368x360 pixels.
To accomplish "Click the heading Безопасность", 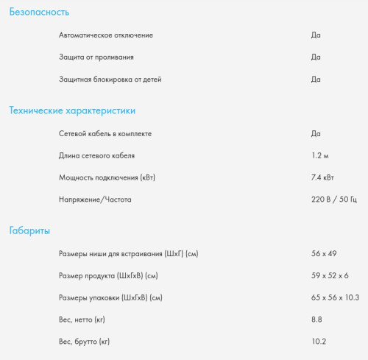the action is point(39,13).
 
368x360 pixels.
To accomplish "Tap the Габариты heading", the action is point(29,231).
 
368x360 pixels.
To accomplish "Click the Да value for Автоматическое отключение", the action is point(316,35).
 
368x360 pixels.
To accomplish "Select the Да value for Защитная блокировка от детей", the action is point(316,79).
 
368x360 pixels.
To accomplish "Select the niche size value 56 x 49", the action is point(324,253).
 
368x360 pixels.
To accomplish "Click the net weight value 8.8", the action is point(317,320).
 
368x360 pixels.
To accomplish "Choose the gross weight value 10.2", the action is point(319,342).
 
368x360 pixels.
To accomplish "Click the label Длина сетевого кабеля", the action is point(96,155).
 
